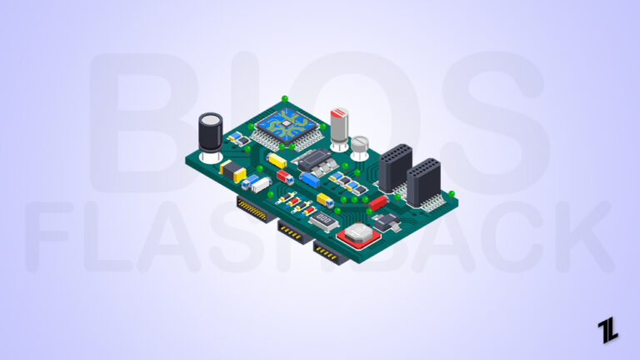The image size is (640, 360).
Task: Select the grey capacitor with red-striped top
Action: pyautogui.click(x=339, y=127)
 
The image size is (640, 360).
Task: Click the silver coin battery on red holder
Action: pyautogui.click(x=359, y=235)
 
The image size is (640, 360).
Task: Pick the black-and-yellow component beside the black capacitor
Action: pyautogui.click(x=232, y=171)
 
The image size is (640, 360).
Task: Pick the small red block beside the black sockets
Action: pyautogui.click(x=377, y=202)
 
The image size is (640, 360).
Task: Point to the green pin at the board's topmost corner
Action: pyautogui.click(x=284, y=98)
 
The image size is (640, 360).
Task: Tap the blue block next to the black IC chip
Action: pyautogui.click(x=310, y=178)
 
